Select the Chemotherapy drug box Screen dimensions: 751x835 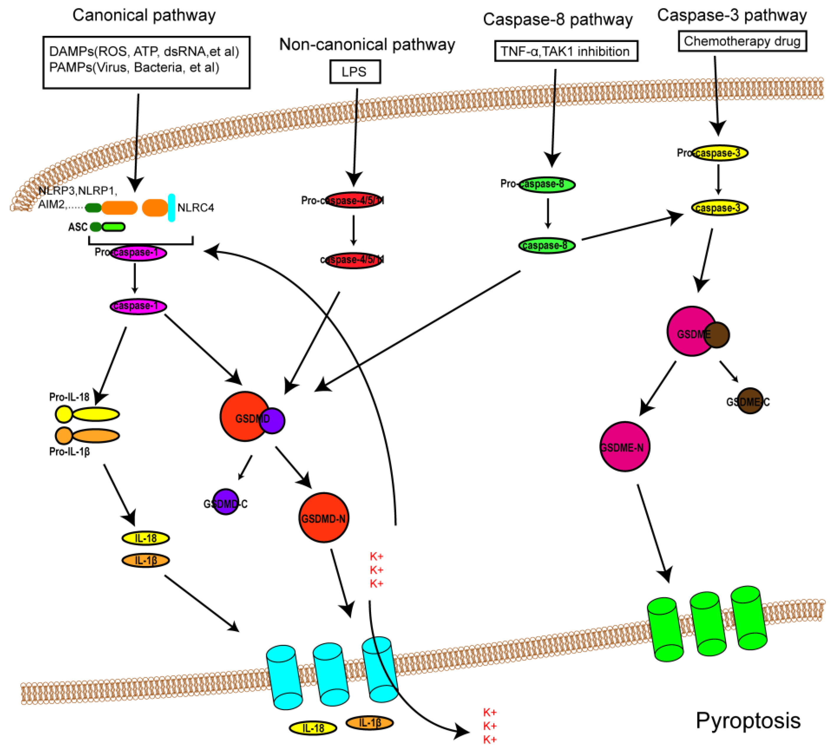pos(742,41)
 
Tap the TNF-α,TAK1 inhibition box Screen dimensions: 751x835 pos(566,51)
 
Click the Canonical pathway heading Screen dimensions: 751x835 pos(144,15)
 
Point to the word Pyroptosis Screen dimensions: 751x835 pos(748,720)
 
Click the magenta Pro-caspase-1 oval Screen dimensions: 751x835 pos(138,252)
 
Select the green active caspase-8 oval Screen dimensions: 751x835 pos(547,246)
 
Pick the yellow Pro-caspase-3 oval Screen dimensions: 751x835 pos(720,153)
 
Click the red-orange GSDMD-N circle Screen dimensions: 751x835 pos(324,518)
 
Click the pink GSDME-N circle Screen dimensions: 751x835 pos(624,447)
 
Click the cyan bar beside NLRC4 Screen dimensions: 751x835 pos(171,208)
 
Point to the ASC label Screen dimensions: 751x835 pos(78,227)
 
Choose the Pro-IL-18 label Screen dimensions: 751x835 pos(69,397)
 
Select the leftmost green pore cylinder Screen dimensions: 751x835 pos(665,630)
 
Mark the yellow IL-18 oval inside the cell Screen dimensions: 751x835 pos(145,538)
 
